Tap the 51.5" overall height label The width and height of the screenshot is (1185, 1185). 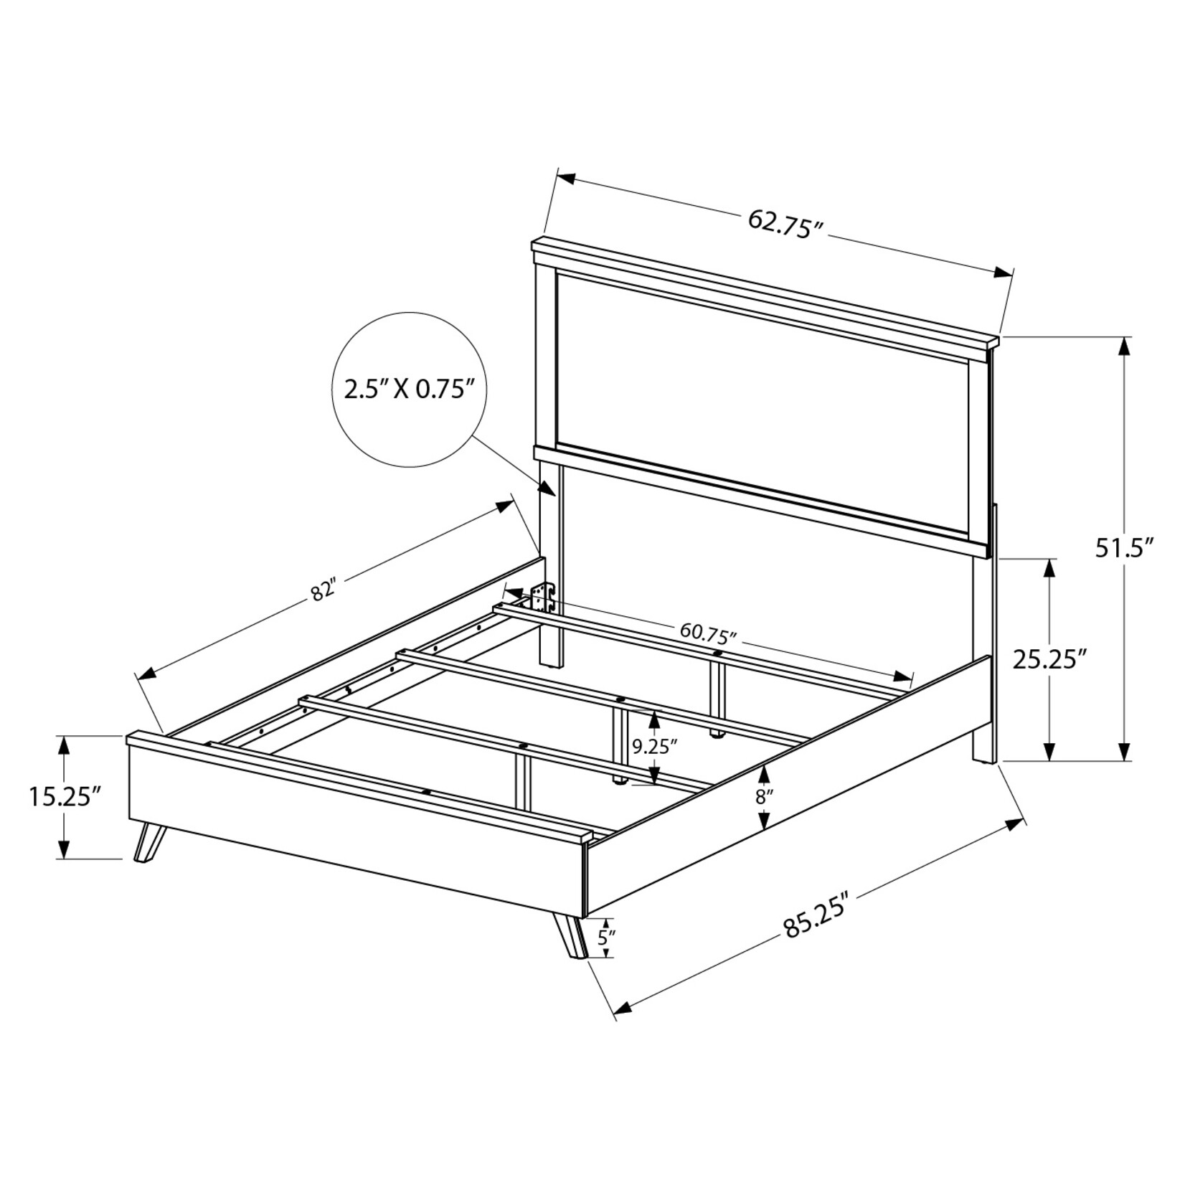tap(1123, 548)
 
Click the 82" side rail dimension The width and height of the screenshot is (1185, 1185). tap(324, 590)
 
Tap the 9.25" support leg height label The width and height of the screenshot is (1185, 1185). tap(654, 747)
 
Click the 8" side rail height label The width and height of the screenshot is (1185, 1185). tap(765, 796)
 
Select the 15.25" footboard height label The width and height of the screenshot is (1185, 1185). tap(64, 796)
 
